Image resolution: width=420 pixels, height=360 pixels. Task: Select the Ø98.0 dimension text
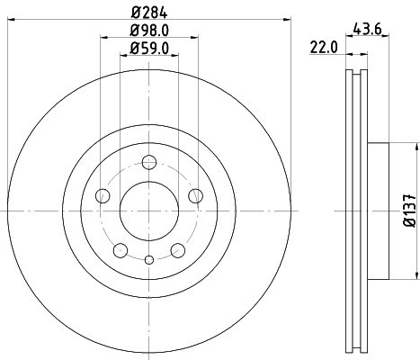(148, 31)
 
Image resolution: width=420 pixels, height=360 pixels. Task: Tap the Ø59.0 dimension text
(148, 49)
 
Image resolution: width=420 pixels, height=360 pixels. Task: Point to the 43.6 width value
(368, 29)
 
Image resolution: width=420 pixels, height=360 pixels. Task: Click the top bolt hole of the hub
(148, 164)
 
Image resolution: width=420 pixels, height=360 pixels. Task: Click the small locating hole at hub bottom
(148, 260)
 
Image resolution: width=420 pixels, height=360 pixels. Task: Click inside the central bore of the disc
(148, 212)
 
